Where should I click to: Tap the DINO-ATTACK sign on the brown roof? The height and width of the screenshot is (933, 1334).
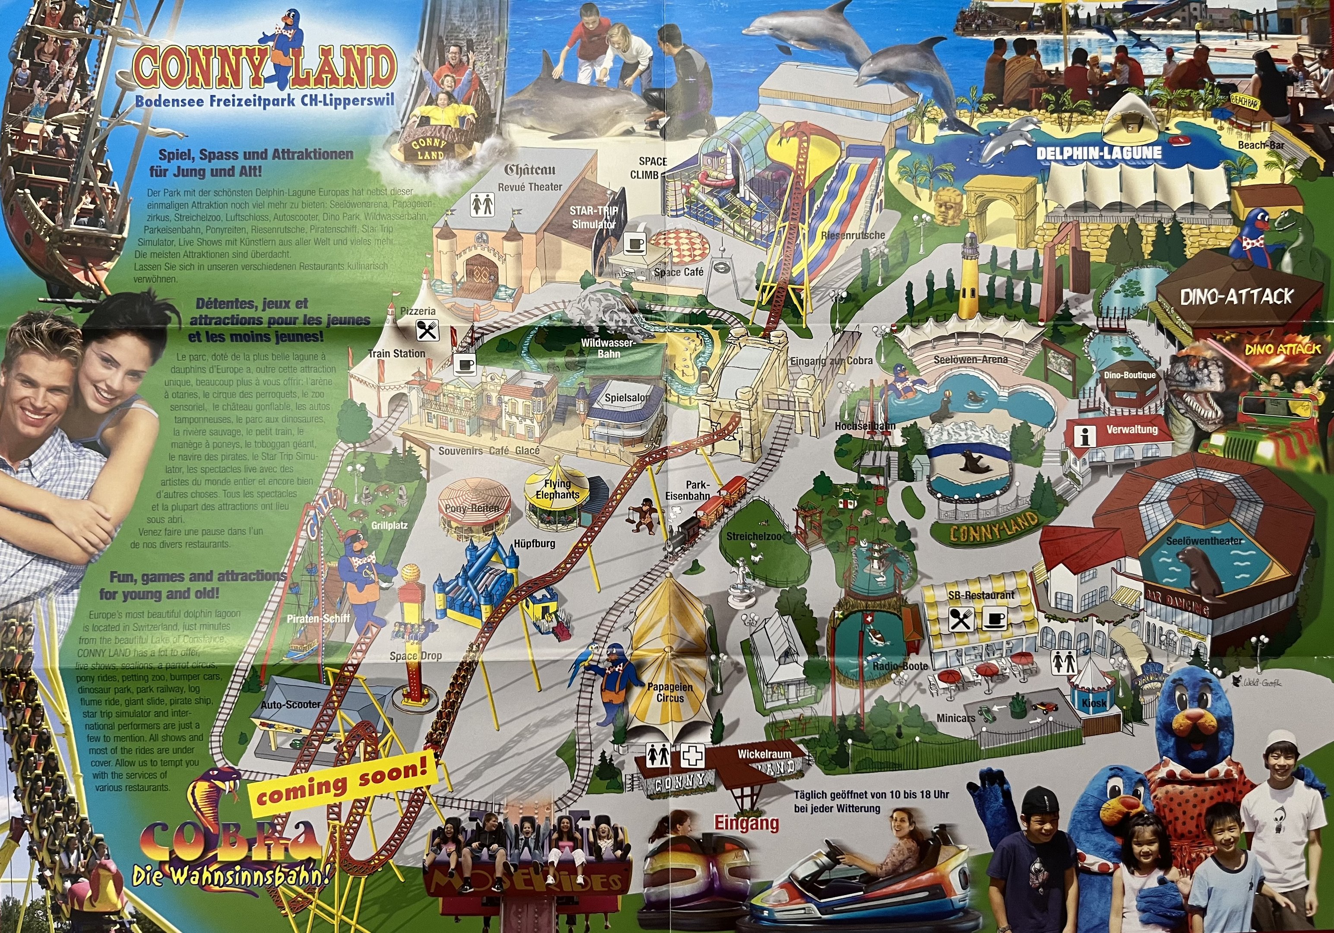click(x=1236, y=297)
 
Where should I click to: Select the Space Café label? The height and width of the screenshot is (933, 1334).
click(x=678, y=272)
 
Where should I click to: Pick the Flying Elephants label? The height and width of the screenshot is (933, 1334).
click(x=557, y=489)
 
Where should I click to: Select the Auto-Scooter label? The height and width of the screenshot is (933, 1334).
click(x=291, y=705)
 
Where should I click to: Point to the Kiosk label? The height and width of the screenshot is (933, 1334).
click(x=1094, y=703)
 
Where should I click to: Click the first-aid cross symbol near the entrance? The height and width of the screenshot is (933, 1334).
click(x=692, y=757)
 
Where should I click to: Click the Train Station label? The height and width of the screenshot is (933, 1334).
click(x=396, y=353)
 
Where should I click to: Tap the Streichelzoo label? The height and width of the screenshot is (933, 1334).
click(x=754, y=536)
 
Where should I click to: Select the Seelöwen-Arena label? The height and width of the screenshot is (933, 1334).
click(x=970, y=360)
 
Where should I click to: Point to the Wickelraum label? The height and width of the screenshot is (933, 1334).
click(x=764, y=754)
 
